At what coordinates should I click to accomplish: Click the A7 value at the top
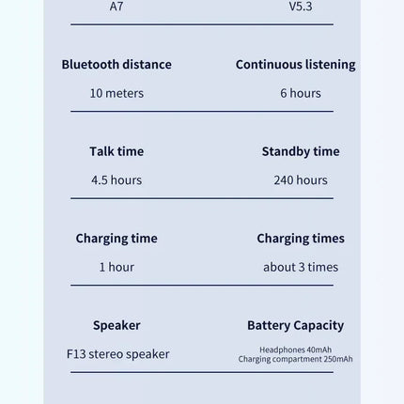117,7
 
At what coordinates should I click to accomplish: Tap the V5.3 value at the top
300,7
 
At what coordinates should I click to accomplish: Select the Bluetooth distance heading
117,65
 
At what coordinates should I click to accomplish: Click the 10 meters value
117,93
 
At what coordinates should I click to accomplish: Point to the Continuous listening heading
295,65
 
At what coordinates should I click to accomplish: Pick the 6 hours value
300,93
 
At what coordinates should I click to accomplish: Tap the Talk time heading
117,151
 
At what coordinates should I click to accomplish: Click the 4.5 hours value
117,179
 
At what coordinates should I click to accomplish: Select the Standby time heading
301,151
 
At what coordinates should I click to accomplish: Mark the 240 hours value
301,179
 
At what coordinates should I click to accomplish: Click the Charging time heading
117,239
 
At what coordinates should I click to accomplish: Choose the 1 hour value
117,267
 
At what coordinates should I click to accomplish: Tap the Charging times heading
301,239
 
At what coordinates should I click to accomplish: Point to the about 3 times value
301,267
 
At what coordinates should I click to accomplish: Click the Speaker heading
117,325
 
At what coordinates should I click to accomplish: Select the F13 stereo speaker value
117,354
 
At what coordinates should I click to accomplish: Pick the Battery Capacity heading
295,325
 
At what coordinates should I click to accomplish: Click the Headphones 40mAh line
295,350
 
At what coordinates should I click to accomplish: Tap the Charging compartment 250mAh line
295,359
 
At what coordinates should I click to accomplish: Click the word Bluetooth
90,65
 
